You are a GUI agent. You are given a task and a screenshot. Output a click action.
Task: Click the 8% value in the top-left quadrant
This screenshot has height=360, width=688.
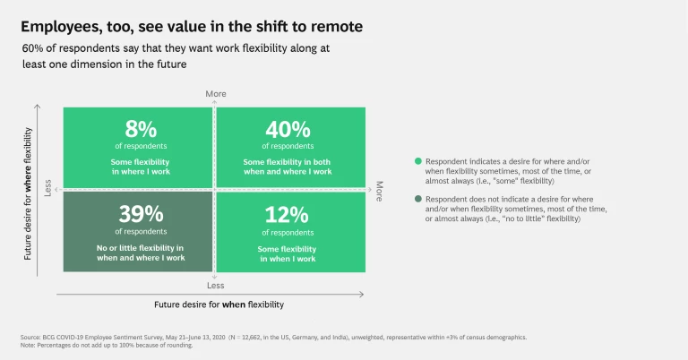click(x=137, y=129)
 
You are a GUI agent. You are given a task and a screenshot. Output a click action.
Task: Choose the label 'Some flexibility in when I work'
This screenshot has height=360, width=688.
click(x=287, y=253)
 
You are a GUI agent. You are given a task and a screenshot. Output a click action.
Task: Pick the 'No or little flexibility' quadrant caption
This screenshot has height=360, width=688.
click(x=140, y=253)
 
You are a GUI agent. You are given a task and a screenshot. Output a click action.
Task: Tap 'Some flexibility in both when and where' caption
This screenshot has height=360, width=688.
click(x=287, y=166)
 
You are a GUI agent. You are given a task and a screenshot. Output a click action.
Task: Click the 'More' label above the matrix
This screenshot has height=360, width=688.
click(x=215, y=94)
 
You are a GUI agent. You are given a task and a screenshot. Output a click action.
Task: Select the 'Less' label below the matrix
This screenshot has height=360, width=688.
click(x=215, y=286)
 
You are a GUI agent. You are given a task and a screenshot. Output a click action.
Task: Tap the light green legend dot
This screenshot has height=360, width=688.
click(x=418, y=161)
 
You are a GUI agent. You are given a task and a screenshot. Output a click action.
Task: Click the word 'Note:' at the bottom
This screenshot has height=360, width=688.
click(x=28, y=346)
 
